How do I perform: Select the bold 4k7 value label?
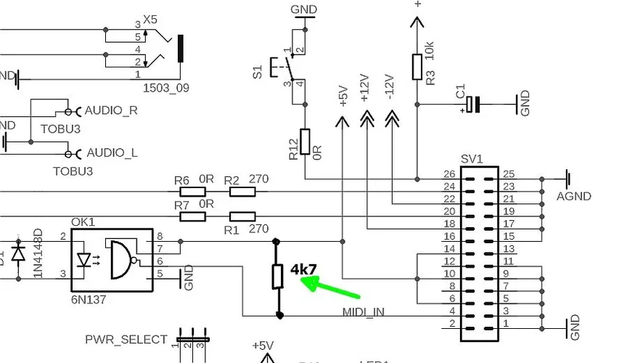click(303, 269)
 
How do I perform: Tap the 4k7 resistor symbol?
click(277, 277)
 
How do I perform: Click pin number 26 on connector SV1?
click(450, 174)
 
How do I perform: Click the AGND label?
click(573, 196)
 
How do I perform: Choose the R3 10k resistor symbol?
click(417, 66)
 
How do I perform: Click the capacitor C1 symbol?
click(473, 105)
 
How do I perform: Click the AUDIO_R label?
click(111, 110)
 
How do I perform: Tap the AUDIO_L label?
click(112, 153)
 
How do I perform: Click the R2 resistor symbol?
click(242, 192)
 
